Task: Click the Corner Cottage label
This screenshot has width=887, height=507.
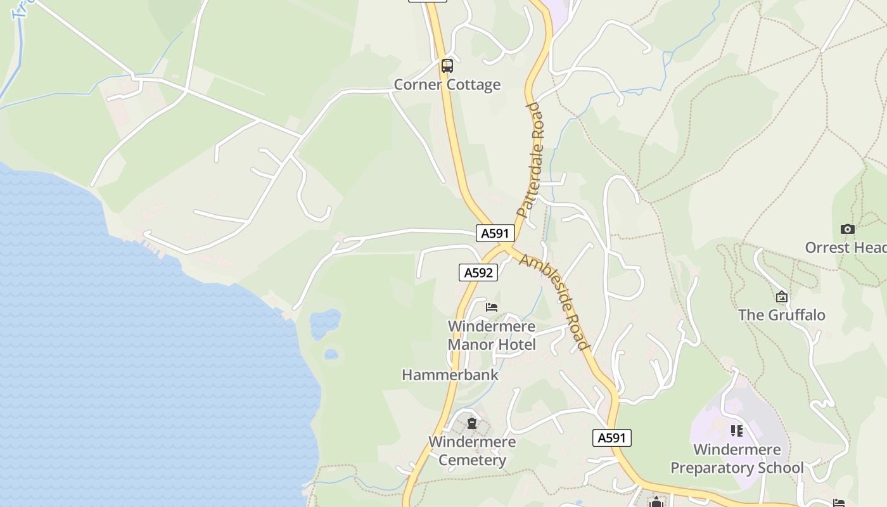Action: pyautogui.click(x=447, y=85)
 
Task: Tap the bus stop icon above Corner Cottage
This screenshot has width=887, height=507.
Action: pyautogui.click(x=447, y=65)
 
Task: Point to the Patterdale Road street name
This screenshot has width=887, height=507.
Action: pyautogui.click(x=531, y=160)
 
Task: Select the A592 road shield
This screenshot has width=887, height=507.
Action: pyautogui.click(x=478, y=273)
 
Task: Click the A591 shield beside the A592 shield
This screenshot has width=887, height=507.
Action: pyautogui.click(x=495, y=233)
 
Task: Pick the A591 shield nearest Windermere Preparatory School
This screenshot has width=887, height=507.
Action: pyautogui.click(x=612, y=437)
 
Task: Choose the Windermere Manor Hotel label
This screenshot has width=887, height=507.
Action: pyautogui.click(x=492, y=335)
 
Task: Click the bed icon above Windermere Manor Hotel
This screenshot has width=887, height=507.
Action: pyautogui.click(x=492, y=307)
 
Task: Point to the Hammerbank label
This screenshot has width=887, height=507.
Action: pyautogui.click(x=450, y=375)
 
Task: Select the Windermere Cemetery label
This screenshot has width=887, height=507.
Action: pyautogui.click(x=472, y=451)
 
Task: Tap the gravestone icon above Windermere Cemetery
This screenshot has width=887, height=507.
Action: pyautogui.click(x=472, y=423)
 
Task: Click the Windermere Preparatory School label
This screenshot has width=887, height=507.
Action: pyautogui.click(x=737, y=459)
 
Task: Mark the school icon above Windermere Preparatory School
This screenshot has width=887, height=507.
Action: pyautogui.click(x=736, y=431)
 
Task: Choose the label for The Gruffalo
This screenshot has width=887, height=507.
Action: pyautogui.click(x=782, y=315)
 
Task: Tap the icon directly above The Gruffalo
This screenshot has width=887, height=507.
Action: pyautogui.click(x=782, y=296)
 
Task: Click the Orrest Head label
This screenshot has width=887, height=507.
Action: pyautogui.click(x=845, y=247)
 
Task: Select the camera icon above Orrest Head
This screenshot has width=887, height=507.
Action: pyautogui.click(x=847, y=229)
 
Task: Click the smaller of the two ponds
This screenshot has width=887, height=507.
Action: pyautogui.click(x=331, y=354)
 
